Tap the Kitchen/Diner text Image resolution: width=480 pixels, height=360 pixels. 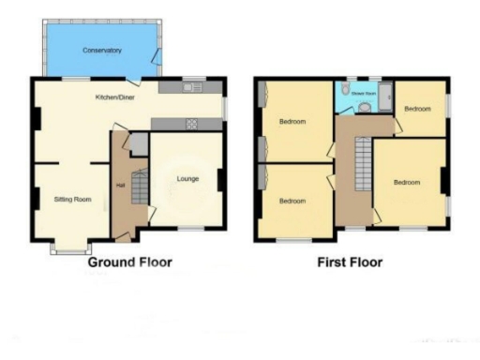(x=112, y=97)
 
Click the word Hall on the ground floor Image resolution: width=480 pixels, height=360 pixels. (x=121, y=185)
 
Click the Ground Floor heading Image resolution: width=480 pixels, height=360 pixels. (x=130, y=262)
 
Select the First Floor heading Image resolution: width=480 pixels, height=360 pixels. (x=348, y=262)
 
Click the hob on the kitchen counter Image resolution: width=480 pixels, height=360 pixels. (x=190, y=123)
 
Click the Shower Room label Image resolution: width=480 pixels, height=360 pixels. (x=364, y=94)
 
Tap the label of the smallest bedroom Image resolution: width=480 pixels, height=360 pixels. (x=417, y=109)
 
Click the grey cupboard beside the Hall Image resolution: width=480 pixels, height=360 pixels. (x=139, y=143)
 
